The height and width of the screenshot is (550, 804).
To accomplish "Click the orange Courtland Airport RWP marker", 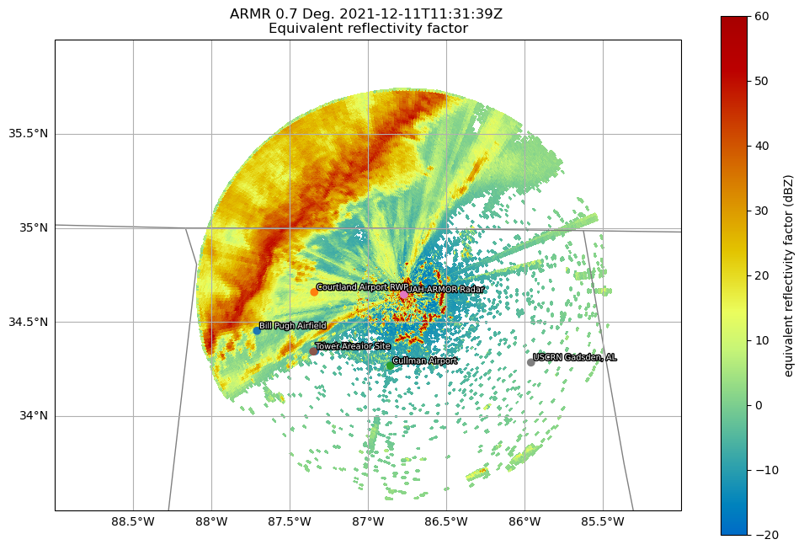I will point(314,291).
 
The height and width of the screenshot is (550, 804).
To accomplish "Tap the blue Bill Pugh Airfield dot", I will point(257,330).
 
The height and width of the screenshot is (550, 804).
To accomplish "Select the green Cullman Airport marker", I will point(390,365).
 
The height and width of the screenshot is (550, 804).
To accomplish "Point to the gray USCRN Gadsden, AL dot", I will point(530,362).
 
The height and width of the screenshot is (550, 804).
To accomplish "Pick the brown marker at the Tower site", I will point(313,350).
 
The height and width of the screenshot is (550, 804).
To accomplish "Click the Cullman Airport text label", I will point(425,360).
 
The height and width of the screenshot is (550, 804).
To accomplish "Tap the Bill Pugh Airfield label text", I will point(292,325).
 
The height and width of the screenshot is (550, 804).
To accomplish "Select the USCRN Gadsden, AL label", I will point(575,357).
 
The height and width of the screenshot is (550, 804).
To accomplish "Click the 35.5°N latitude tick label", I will point(28,134).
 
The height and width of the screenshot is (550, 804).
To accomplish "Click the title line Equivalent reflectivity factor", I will point(368,29).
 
